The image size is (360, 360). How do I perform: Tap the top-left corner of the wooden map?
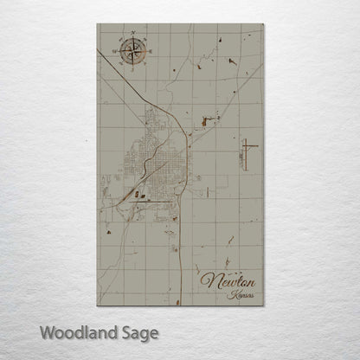coord(96,23)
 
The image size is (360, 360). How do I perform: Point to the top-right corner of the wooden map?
coord(265,23)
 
